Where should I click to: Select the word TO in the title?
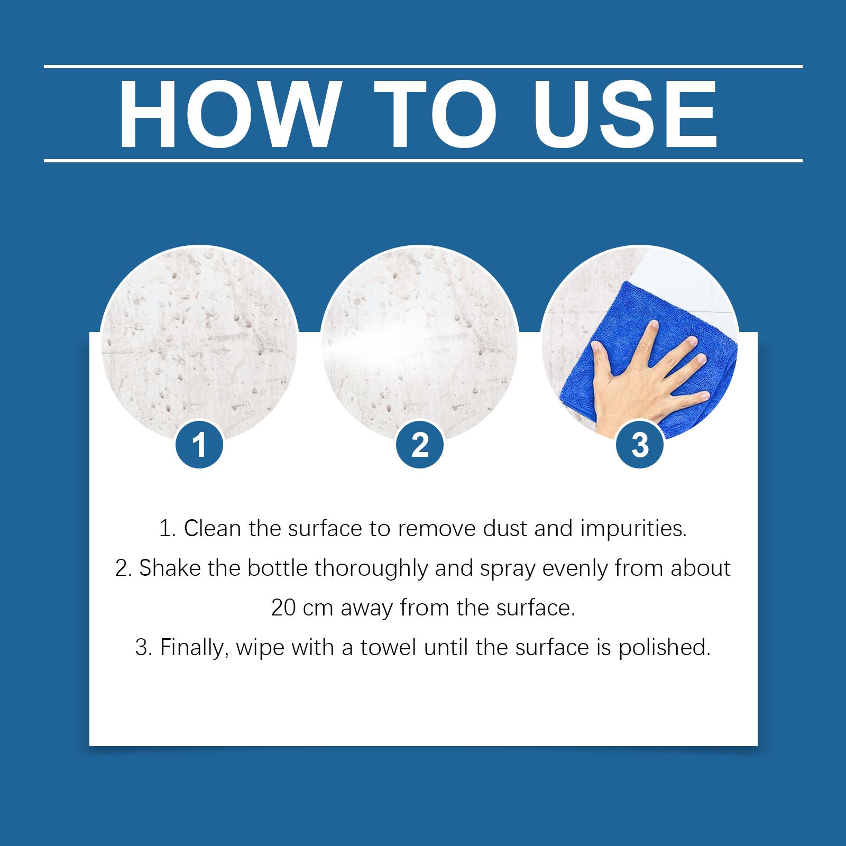pyautogui.click(x=434, y=115)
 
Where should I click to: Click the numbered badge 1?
pyautogui.click(x=199, y=445)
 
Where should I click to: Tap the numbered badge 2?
pyautogui.click(x=420, y=445)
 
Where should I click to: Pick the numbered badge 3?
pyautogui.click(x=640, y=445)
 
